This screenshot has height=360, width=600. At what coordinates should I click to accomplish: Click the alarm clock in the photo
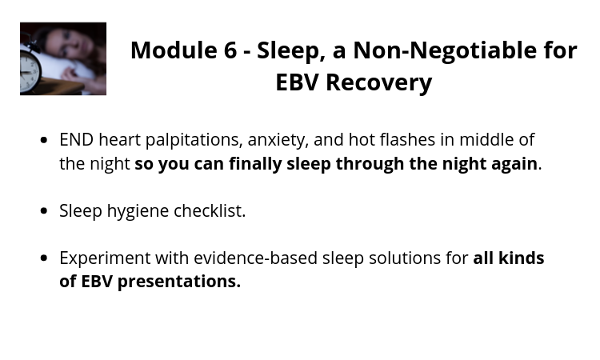pyautogui.click(x=30, y=68)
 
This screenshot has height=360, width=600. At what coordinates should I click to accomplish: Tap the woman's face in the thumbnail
pyautogui.click(x=68, y=44)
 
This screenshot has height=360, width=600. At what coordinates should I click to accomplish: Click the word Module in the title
pyautogui.click(x=173, y=50)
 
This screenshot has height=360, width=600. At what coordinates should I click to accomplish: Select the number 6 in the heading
pyautogui.click(x=230, y=50)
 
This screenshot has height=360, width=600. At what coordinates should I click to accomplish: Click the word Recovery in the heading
pyautogui.click(x=379, y=82)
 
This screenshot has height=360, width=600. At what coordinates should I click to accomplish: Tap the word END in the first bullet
pyautogui.click(x=77, y=140)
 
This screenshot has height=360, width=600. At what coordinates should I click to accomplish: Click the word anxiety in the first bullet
pyautogui.click(x=278, y=141)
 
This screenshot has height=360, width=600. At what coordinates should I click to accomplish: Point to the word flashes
pyautogui.click(x=407, y=139)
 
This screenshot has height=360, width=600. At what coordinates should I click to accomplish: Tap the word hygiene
pyautogui.click(x=138, y=211)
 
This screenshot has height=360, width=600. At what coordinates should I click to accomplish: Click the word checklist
pyautogui.click(x=210, y=210)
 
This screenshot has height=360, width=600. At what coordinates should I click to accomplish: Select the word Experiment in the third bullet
pyautogui.click(x=105, y=258)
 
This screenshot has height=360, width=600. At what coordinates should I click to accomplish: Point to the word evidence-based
pyautogui.click(x=256, y=258)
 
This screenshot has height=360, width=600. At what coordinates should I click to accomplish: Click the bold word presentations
pyautogui.click(x=179, y=282)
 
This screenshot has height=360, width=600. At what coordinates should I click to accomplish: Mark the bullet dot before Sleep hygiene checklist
pyautogui.click(x=44, y=210)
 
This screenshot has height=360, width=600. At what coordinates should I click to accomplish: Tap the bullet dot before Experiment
pyautogui.click(x=44, y=258)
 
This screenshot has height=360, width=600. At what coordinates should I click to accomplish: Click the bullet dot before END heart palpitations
pyautogui.click(x=44, y=140)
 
